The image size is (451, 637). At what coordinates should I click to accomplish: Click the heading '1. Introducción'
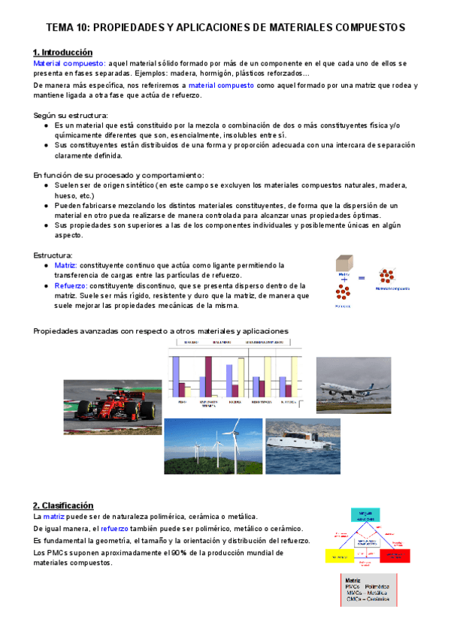click(62, 53)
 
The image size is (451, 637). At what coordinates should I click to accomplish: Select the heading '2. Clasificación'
click(63, 506)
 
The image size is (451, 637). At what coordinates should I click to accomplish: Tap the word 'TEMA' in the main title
click(59, 27)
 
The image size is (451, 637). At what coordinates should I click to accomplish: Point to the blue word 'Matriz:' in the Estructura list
click(65, 265)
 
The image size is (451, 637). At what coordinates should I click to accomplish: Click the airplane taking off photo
click(353, 385)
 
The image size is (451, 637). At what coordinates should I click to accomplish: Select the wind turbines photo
click(213, 446)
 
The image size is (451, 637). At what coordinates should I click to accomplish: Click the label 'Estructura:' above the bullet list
click(52, 255)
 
